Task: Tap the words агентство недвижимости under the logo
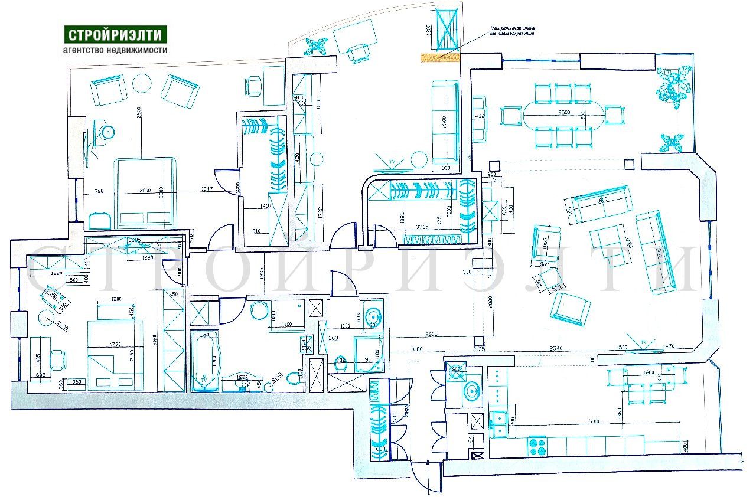click(x=115, y=50)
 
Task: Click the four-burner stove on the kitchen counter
click(x=537, y=445)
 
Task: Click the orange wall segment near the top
click(x=439, y=57)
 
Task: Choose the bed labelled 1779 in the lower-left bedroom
click(x=115, y=354)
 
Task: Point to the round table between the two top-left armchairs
click(x=144, y=82)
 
